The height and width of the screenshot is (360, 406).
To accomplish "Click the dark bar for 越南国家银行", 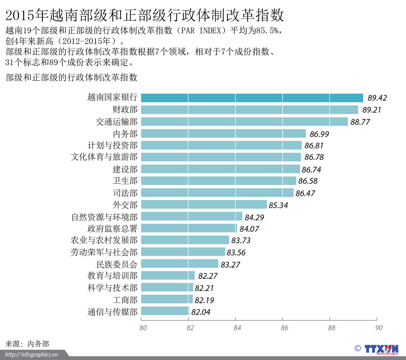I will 252,98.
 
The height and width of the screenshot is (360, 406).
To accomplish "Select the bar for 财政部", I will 249,110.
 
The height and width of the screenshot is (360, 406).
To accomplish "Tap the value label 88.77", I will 360,122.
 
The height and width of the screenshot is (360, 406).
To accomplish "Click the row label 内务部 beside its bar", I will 125,134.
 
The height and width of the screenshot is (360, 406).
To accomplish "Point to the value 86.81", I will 314,145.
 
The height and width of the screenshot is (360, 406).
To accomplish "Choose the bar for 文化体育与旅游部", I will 221,157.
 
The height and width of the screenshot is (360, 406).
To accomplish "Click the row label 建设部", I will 125,170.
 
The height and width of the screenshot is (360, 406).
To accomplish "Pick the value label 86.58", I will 308,181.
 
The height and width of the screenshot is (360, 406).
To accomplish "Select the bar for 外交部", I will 204,205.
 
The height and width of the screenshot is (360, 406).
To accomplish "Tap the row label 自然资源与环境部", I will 104,217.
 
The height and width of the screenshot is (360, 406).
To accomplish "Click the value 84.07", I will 249,229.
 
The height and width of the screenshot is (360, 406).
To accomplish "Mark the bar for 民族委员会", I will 179,264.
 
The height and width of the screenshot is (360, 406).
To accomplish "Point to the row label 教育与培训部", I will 112,276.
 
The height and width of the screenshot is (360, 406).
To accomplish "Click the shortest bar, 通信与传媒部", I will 165,311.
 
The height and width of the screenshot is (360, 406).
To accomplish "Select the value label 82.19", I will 204,300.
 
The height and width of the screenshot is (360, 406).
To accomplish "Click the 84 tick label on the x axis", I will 237,328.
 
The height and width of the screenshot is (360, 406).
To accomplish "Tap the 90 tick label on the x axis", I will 379,328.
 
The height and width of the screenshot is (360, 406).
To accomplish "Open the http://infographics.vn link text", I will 32,354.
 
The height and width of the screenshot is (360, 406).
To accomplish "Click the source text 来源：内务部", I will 27,344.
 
